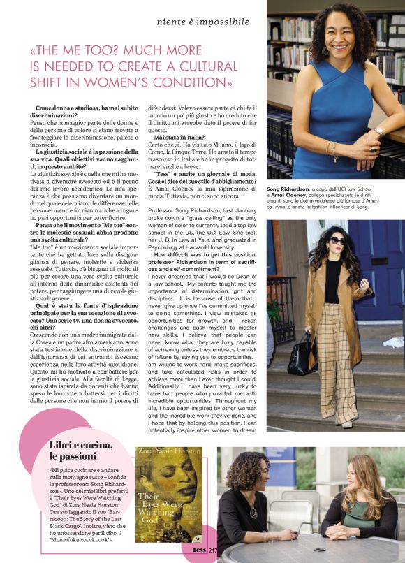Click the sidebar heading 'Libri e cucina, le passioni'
pos(80,451)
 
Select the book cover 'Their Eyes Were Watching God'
pos(168,495)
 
